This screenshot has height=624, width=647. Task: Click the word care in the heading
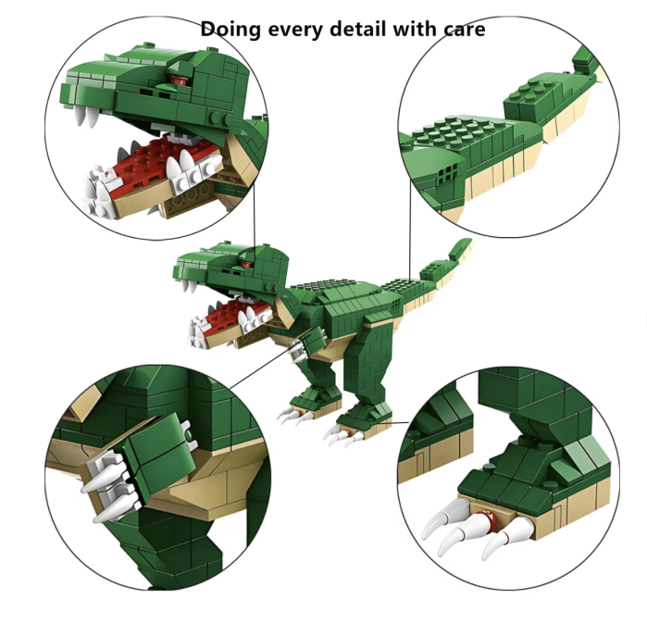click(x=466, y=29)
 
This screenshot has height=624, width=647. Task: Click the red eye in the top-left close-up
click(x=179, y=85)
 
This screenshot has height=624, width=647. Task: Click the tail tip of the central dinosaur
click(x=463, y=245)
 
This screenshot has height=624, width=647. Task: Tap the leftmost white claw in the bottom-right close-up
click(x=435, y=528)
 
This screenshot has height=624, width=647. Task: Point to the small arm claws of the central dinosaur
click(x=296, y=350)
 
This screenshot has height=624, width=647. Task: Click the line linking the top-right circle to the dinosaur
click(x=409, y=231)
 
